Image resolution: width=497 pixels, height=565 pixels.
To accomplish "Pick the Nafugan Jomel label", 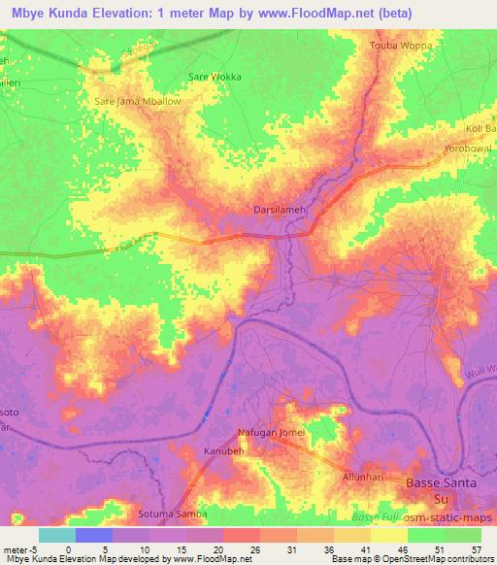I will tap(272, 432).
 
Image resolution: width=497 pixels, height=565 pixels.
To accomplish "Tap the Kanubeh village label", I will tap(224, 452).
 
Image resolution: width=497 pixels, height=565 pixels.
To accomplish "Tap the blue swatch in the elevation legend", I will tap(93, 535).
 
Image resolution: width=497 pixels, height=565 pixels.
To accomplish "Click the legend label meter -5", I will tap(18, 549).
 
